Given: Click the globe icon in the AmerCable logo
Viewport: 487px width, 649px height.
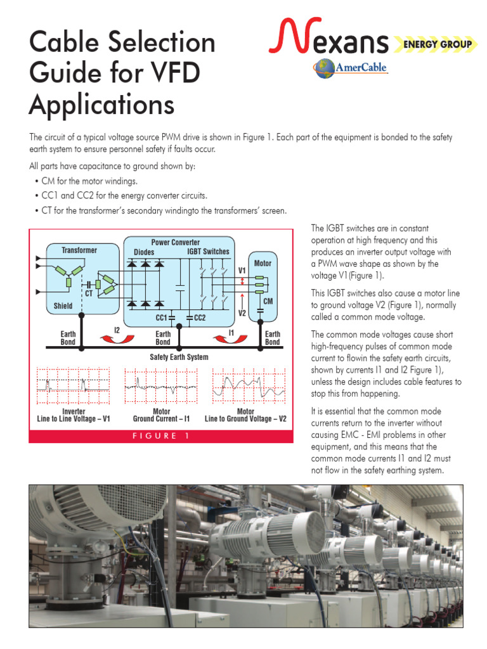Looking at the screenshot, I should pyautogui.click(x=324, y=68).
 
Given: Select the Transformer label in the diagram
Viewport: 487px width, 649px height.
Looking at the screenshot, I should pyautogui.click(x=79, y=250).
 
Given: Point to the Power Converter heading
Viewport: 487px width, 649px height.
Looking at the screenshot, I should pyautogui.click(x=176, y=242).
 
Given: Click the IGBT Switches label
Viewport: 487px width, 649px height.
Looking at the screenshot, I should pyautogui.click(x=209, y=252).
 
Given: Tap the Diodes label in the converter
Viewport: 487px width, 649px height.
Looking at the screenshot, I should pyautogui.click(x=144, y=252).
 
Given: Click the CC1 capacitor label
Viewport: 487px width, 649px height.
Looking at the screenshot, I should pyautogui.click(x=161, y=318).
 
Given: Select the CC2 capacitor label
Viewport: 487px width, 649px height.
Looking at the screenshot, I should pyautogui.click(x=200, y=318).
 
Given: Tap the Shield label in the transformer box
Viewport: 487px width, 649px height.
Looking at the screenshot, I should pyautogui.click(x=63, y=305).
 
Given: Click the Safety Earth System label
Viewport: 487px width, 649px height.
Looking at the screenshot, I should pyautogui.click(x=179, y=357).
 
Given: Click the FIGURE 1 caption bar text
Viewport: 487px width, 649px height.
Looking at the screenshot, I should pyautogui.click(x=160, y=436).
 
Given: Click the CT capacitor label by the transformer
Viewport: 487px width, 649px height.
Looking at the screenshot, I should pyautogui.click(x=89, y=294).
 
